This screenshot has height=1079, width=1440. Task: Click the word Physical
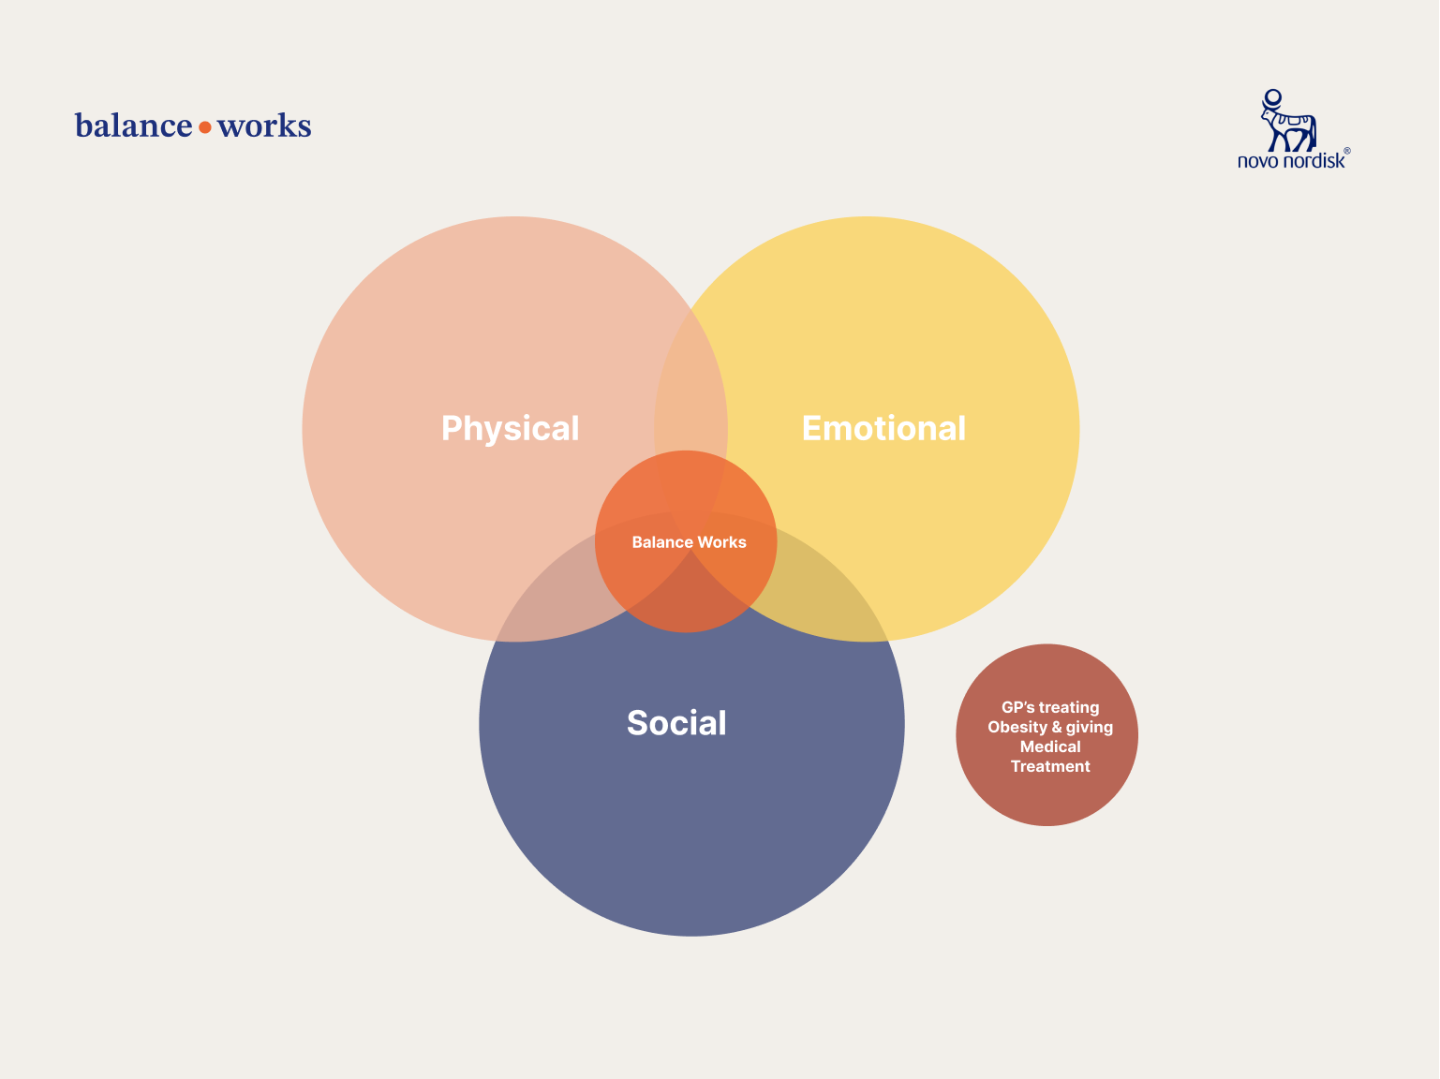[510, 429]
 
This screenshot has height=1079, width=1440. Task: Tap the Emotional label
[883, 428]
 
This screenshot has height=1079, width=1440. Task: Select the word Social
[676, 723]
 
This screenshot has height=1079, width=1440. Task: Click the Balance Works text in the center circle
[689, 542]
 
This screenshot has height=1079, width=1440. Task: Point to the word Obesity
[1017, 728]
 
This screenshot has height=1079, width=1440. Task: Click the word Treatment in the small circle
[1050, 767]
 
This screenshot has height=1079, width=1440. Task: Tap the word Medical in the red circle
[1050, 747]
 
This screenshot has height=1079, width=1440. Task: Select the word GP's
[1017, 708]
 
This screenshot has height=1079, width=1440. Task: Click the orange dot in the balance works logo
[205, 127]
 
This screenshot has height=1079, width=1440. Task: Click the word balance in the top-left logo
[133, 126]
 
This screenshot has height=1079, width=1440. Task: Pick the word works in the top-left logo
[264, 126]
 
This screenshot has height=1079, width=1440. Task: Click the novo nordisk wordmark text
[1290, 161]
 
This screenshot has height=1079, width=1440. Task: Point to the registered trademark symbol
[1347, 151]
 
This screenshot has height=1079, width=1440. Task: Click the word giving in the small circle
[1090, 728]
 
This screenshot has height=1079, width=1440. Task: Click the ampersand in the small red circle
[1057, 728]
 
